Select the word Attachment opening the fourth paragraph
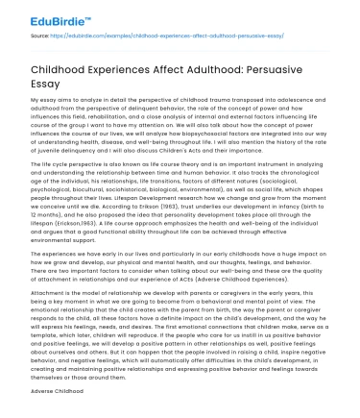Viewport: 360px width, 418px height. (x=47, y=297)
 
